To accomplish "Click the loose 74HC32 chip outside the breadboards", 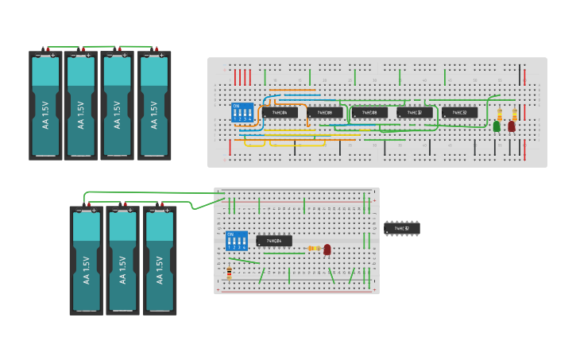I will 402,229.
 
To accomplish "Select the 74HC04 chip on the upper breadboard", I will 280,113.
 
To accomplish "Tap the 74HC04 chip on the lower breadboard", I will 274,241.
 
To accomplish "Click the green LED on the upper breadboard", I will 497,126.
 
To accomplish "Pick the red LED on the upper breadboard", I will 512,126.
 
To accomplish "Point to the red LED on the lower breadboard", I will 327,250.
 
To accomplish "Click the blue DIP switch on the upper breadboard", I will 242,112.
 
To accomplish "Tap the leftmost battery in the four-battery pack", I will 45,106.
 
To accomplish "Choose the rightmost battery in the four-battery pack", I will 154,106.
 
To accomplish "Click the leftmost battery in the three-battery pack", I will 86,260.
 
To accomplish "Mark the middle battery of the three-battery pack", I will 122,260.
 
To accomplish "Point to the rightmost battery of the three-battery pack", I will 159,260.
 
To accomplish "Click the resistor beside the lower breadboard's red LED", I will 313,249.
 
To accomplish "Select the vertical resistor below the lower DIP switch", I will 230,273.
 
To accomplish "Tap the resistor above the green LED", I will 500,114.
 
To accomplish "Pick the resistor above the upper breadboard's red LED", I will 515,114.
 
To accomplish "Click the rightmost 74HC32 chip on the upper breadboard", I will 460,113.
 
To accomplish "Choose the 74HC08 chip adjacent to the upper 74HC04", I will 325,113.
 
